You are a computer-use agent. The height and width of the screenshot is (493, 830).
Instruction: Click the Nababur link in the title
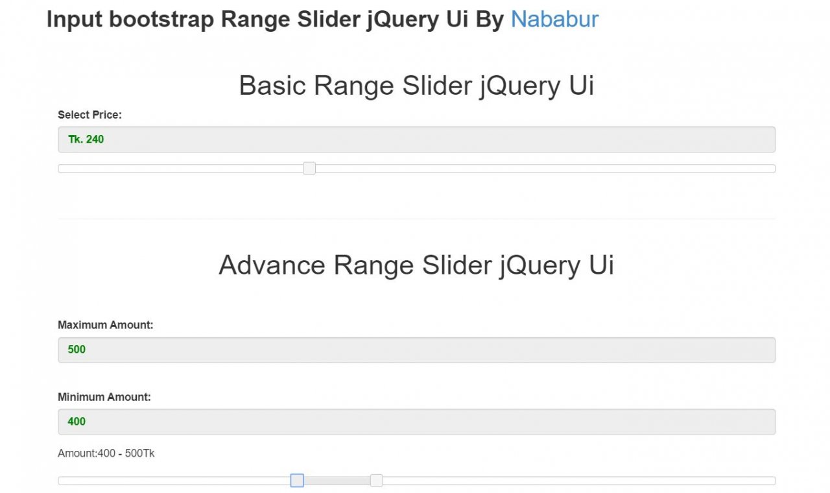pos(554,19)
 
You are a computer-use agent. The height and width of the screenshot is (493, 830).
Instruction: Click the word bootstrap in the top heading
pos(161,19)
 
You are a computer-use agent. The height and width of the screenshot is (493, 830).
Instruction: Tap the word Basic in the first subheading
pos(272,86)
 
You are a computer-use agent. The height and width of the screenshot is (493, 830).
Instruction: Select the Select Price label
pos(89,115)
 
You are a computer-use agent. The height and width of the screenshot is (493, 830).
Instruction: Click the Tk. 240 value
pos(86,139)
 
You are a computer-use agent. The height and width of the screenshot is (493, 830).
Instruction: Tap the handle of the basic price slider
pos(309,168)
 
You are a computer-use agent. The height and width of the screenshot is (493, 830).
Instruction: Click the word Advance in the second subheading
pos(272,265)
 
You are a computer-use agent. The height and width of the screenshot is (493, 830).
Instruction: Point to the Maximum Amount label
pos(105,325)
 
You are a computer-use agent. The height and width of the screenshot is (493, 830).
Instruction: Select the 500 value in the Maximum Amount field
pos(77,350)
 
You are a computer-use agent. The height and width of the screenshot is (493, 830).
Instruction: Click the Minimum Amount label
pos(104,397)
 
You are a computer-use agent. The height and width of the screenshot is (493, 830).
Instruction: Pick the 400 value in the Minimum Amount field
pos(77,422)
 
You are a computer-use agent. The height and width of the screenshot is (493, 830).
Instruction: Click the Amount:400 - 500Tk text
pos(106,453)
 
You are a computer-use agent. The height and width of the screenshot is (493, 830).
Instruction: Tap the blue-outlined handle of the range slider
pos(297,481)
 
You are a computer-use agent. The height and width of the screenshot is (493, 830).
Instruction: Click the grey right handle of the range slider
pos(377,481)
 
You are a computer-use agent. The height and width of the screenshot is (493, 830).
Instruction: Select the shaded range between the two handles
pos(337,481)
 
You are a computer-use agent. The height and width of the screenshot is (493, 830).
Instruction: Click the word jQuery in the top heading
pos(403,19)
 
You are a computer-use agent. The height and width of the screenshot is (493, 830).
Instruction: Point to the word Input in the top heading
pos(74,19)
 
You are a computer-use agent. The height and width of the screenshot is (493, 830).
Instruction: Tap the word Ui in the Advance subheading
pos(601,265)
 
